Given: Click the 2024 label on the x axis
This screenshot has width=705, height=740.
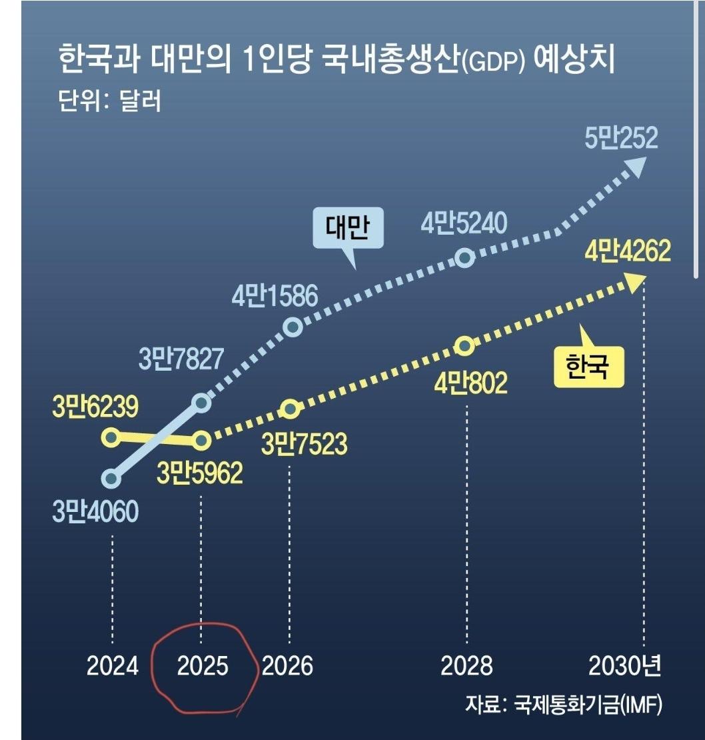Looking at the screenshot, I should (x=112, y=666).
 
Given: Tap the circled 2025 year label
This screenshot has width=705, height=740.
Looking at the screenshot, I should (x=202, y=666).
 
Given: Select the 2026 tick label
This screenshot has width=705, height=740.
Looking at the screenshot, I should (x=287, y=666).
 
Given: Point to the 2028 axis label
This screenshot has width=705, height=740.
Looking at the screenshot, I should (x=466, y=666).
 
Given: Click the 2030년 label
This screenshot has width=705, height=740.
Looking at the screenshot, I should (x=624, y=666).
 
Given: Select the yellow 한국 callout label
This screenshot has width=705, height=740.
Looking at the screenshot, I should (x=588, y=367).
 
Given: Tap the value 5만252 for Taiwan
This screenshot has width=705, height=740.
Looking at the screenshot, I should (x=621, y=139).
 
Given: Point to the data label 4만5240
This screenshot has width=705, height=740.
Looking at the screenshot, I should (x=464, y=223).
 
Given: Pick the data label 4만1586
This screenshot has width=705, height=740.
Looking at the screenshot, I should (x=275, y=297).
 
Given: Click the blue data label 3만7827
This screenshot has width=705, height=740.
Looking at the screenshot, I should (x=181, y=360).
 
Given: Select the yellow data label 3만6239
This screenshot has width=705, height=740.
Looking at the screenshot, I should (x=95, y=407).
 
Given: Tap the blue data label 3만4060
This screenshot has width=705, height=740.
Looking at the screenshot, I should (x=95, y=512).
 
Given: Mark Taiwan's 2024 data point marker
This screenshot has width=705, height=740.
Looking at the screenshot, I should (x=112, y=478).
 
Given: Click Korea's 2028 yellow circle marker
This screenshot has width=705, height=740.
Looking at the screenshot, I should (x=465, y=346).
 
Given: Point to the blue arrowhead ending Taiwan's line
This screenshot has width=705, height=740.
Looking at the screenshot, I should (x=636, y=166).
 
